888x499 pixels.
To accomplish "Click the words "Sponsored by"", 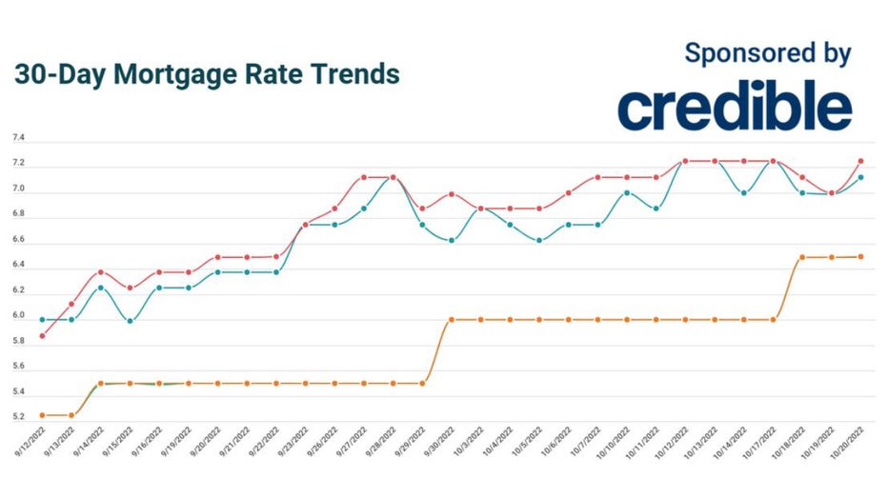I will (767, 53).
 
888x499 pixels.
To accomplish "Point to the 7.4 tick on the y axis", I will (18, 139).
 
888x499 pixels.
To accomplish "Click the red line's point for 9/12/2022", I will (42, 335).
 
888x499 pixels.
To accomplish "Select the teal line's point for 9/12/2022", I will (42, 320).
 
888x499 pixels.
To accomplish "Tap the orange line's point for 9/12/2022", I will (42, 415).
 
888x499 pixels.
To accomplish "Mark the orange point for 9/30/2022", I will (452, 320).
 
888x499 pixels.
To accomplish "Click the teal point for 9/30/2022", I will (452, 240).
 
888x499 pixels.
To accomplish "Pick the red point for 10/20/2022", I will (860, 161).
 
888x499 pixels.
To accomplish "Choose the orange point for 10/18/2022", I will (802, 257).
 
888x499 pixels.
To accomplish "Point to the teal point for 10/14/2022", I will (744, 192).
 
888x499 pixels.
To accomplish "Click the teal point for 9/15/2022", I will (130, 320).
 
